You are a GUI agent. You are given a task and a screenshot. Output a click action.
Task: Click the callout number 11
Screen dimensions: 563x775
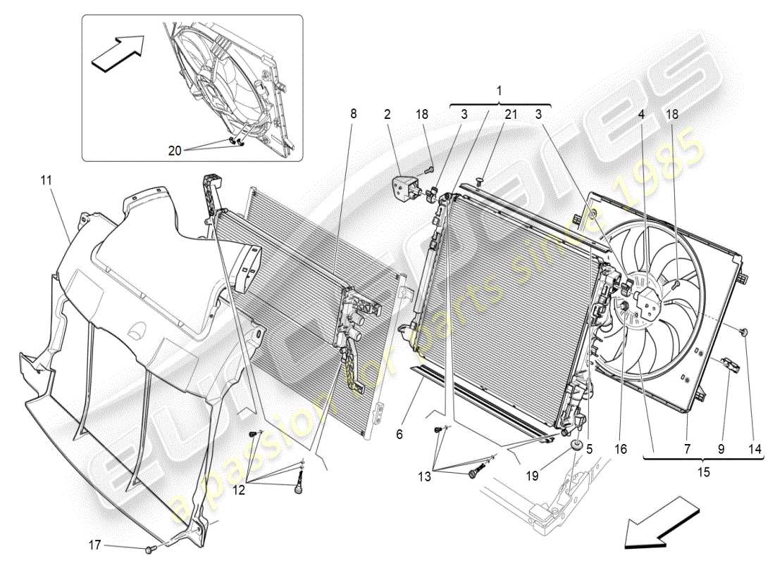46,181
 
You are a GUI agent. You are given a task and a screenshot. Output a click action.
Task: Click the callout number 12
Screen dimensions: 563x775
240,491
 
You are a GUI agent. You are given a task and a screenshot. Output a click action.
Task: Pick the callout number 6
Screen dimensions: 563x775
399,435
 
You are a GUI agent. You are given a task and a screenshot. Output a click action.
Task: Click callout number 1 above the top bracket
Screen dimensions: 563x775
500,91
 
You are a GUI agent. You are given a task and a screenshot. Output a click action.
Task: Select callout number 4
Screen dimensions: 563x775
642,113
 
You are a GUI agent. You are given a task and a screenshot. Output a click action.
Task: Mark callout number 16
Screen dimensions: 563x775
620,446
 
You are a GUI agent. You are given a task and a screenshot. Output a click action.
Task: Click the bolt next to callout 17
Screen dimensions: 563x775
150,547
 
